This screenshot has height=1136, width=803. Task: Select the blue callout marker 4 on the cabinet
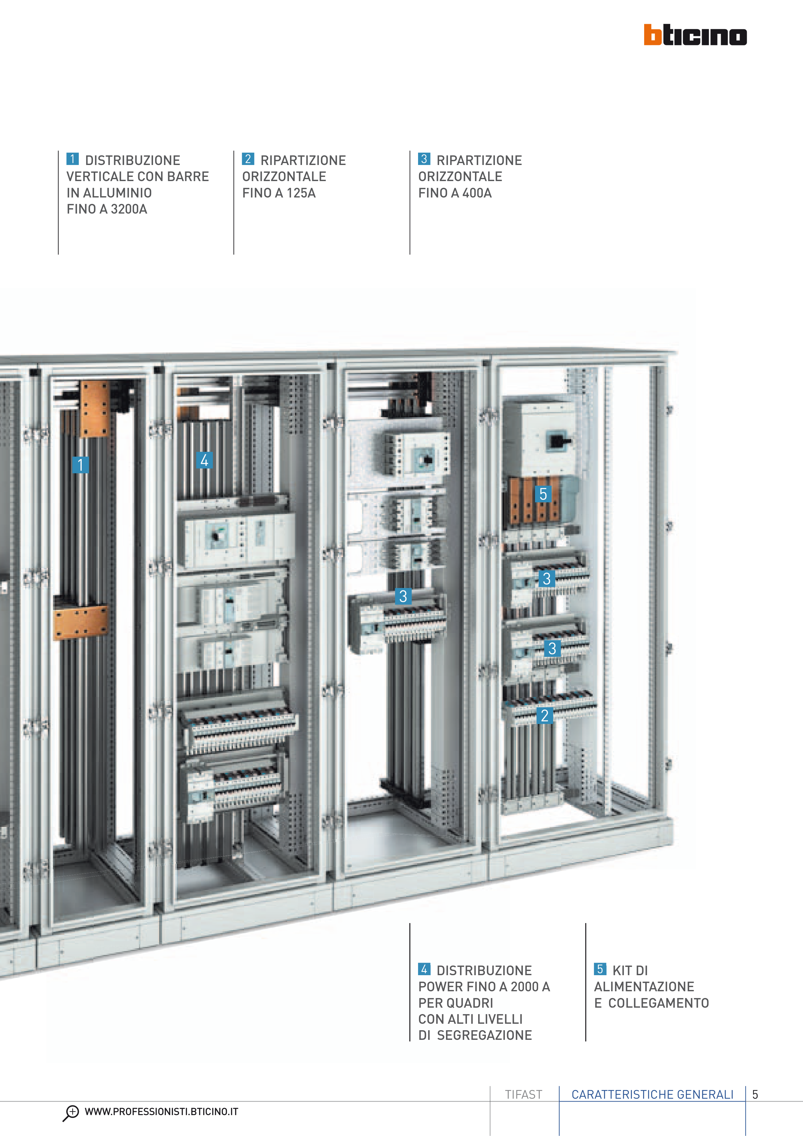pos(204,461)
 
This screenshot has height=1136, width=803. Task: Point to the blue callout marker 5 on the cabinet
pos(543,494)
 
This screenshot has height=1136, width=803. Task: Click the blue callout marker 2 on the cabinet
pos(545,715)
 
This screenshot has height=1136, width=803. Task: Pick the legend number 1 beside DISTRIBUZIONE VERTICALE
pos(72,159)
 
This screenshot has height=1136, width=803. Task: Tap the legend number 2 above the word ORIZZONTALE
pos(248,159)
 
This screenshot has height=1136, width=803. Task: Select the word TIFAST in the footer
pos(524,1095)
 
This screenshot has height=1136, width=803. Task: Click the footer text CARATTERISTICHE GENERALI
pos(652,1095)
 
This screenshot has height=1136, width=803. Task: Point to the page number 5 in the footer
pos(755,1095)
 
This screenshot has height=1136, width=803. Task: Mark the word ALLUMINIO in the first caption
pos(117,193)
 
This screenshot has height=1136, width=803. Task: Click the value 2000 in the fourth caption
pos(525,986)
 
